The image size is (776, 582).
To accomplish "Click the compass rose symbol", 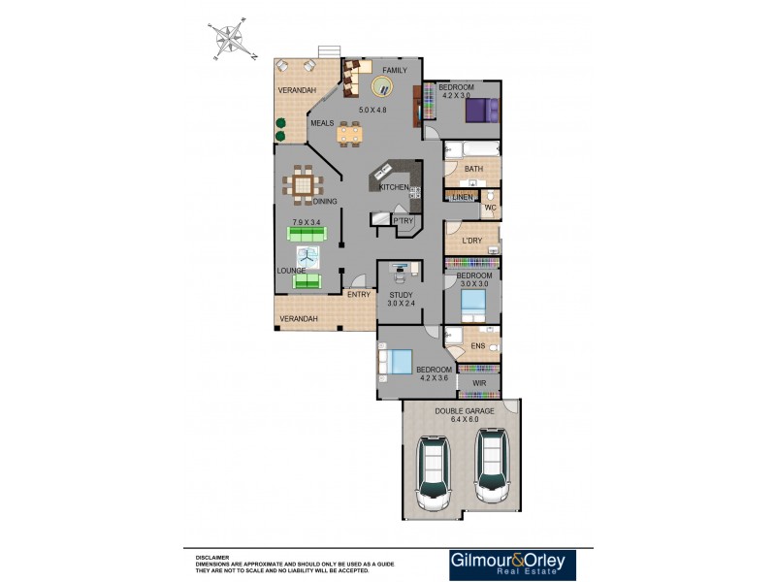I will [231, 41].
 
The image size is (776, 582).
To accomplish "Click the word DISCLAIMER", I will [212, 557].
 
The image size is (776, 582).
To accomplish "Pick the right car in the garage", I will [491, 468].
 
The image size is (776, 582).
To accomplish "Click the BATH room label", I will [473, 169].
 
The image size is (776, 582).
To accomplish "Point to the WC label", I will [491, 209].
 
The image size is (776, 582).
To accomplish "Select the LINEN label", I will [462, 198].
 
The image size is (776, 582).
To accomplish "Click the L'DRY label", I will [472, 241].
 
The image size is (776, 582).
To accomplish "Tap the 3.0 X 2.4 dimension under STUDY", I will [402, 303].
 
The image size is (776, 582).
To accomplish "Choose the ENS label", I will [477, 345].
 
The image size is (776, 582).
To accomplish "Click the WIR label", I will [478, 383].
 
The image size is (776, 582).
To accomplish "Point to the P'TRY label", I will [403, 221].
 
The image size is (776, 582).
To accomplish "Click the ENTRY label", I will [358, 294].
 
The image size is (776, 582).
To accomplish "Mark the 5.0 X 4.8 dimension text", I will [372, 110].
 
